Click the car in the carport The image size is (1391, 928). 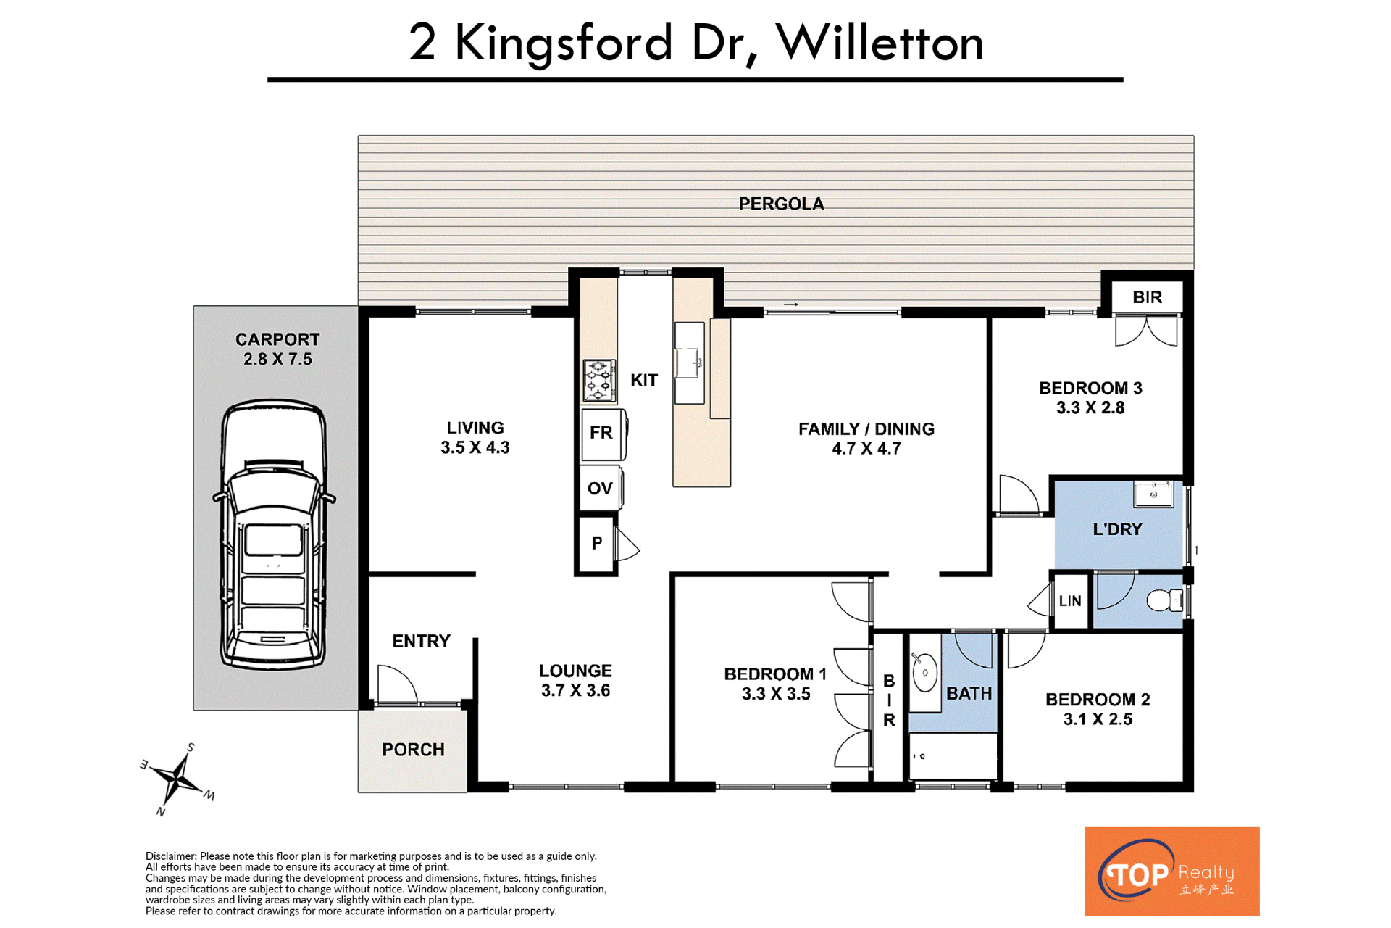pos(274,534)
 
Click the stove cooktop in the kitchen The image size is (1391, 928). pos(600,381)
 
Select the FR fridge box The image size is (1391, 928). pos(603,434)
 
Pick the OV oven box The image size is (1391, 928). pos(601,488)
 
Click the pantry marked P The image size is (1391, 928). pos(596,543)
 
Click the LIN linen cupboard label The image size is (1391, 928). pos(1070,601)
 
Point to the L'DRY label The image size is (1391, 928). pos(1117,529)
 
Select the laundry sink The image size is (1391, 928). pos(1153,494)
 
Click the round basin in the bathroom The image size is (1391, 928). pos(925,674)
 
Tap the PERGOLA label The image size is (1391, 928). pos(781,204)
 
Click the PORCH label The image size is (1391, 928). pos(413,749)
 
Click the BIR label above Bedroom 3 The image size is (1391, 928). pos(1147,297)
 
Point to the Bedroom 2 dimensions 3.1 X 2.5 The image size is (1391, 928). pos(1098,719)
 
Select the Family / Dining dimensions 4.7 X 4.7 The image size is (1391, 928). pos(866,449)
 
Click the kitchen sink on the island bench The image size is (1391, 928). pos(689,362)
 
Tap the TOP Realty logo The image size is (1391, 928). pos(1171,871)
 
